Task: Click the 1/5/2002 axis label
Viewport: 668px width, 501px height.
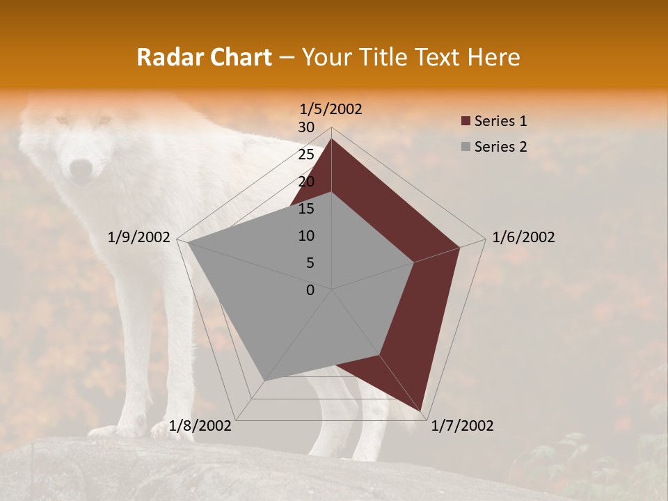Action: point(331,109)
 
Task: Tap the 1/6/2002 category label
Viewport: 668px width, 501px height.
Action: point(523,237)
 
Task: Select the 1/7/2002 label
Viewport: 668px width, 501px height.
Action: point(462,426)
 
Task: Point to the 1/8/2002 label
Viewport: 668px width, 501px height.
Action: point(200,426)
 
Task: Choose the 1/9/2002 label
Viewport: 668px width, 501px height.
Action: point(139,237)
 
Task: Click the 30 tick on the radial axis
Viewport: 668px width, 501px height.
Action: point(306,127)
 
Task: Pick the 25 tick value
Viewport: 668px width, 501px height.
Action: point(306,154)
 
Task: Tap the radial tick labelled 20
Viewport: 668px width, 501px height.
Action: point(306,182)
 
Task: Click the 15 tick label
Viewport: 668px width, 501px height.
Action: point(306,209)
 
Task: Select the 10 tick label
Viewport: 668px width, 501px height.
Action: point(306,236)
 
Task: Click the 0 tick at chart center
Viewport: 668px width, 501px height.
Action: point(310,290)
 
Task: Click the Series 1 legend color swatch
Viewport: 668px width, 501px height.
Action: point(466,122)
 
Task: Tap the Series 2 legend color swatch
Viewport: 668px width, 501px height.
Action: point(466,147)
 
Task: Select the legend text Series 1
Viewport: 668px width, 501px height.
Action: point(500,121)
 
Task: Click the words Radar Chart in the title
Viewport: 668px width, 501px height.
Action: point(204,57)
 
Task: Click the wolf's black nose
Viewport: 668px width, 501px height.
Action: point(81,168)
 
